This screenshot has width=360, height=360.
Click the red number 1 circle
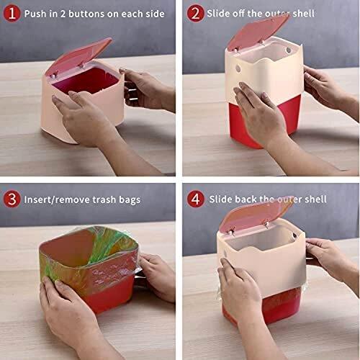coord(12,14)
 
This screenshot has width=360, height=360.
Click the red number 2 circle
coord(196,14)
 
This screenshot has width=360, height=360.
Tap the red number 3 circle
coord(12,199)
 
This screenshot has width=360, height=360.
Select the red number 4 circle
coord(196,199)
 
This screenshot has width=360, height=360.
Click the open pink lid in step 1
coord(78,57)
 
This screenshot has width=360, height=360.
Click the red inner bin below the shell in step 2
coord(265,120)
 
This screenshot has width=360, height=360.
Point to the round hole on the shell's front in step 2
coord(238,69)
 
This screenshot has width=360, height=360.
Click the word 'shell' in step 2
coord(303,14)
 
